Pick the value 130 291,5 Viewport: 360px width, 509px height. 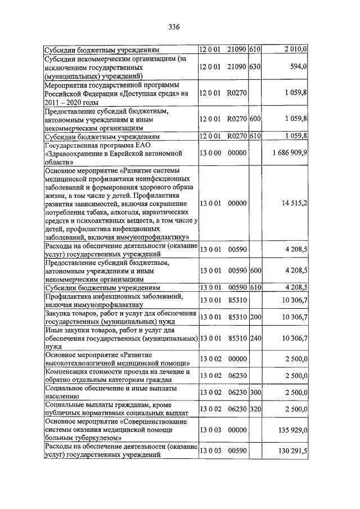(x=292, y=451)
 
